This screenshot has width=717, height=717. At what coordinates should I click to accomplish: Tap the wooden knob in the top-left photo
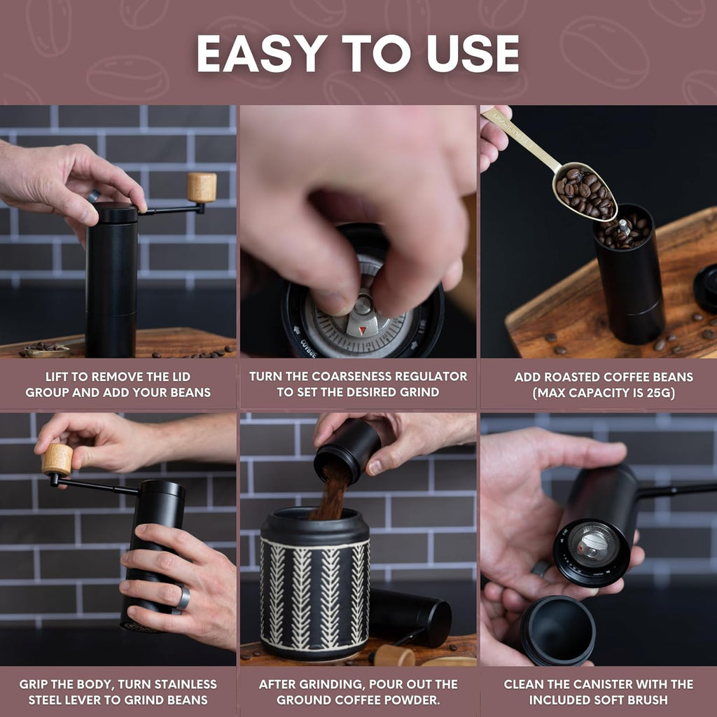[202, 188]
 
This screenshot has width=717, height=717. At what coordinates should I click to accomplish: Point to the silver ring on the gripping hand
[183, 597]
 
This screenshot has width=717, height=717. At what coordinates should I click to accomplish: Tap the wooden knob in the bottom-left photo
[57, 459]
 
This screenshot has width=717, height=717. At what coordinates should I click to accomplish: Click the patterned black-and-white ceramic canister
[315, 588]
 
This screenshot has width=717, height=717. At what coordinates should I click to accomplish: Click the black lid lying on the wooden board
[705, 288]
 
